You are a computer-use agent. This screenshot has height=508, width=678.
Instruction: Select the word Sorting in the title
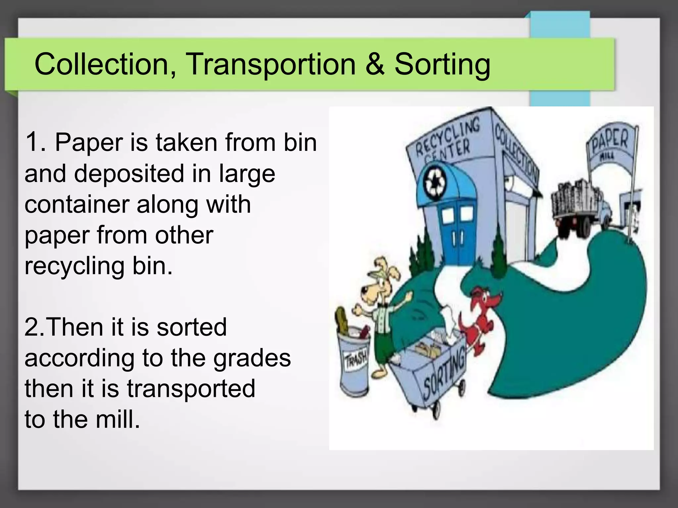click(442, 64)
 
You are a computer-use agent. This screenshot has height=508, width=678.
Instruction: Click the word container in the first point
click(77, 204)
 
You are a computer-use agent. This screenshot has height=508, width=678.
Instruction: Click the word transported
click(191, 389)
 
